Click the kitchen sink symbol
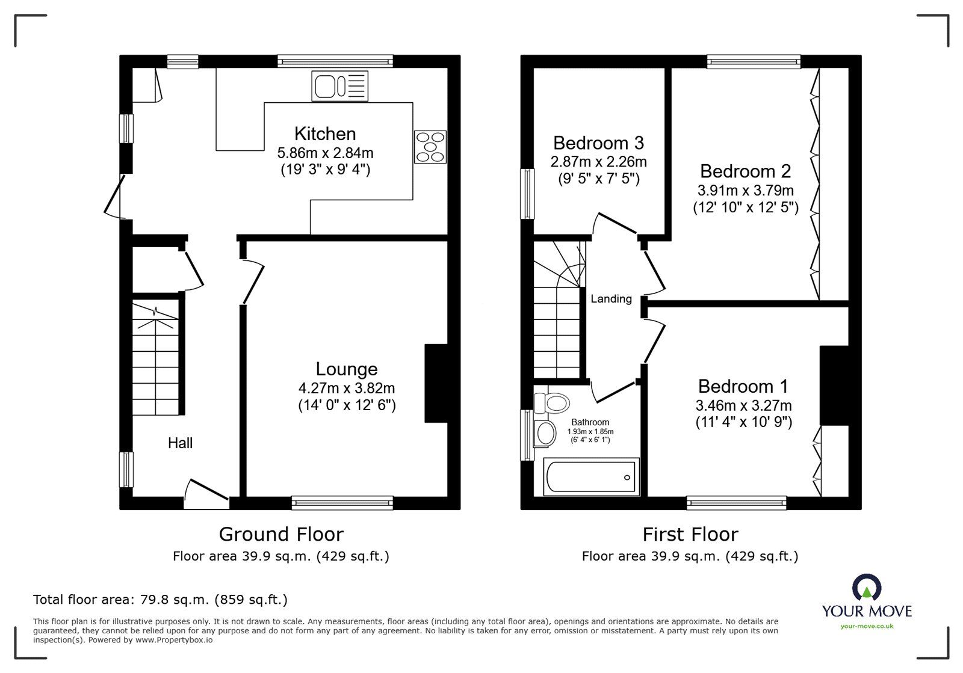339,85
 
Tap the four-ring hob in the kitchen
430,147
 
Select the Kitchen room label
325,134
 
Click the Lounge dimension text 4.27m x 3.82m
346,389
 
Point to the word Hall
180,443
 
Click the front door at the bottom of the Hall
206,493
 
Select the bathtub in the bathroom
590,478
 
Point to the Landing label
611,299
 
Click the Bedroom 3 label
598,143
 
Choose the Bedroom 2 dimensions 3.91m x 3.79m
745,191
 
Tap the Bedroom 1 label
743,386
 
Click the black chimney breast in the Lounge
436,383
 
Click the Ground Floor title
281,534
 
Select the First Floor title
690,534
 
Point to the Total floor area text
160,600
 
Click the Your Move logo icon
867,588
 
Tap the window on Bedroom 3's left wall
528,194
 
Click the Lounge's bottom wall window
342,503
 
